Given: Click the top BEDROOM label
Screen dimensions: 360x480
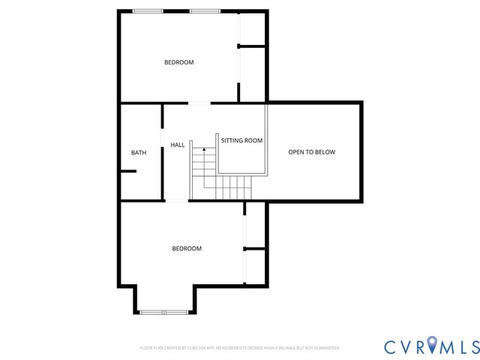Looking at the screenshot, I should [x=179, y=62].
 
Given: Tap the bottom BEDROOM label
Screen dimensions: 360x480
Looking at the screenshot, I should [x=187, y=249].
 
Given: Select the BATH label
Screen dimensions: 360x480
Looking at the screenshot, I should [x=139, y=153].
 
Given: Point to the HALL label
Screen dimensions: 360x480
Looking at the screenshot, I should [x=178, y=145].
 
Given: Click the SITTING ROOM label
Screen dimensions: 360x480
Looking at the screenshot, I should [x=241, y=140].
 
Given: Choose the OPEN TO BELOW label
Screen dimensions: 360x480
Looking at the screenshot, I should [x=312, y=152].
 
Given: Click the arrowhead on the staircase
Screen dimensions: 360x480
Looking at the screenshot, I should [x=204, y=150].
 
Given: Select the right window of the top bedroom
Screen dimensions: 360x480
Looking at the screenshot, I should [x=202, y=11].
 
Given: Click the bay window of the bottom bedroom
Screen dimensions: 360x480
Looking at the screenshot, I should [x=165, y=312].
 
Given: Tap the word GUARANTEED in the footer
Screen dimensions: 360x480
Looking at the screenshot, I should [x=327, y=348].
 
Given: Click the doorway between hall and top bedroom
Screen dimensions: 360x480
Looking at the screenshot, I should [x=199, y=103].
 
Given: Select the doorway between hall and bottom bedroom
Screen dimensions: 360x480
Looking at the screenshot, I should [x=176, y=200].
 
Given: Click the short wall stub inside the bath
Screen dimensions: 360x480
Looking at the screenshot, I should [x=127, y=172].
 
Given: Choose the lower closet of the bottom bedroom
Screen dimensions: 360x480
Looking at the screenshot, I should [x=256, y=267].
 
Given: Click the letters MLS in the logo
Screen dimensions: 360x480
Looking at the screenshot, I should [x=457, y=346].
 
